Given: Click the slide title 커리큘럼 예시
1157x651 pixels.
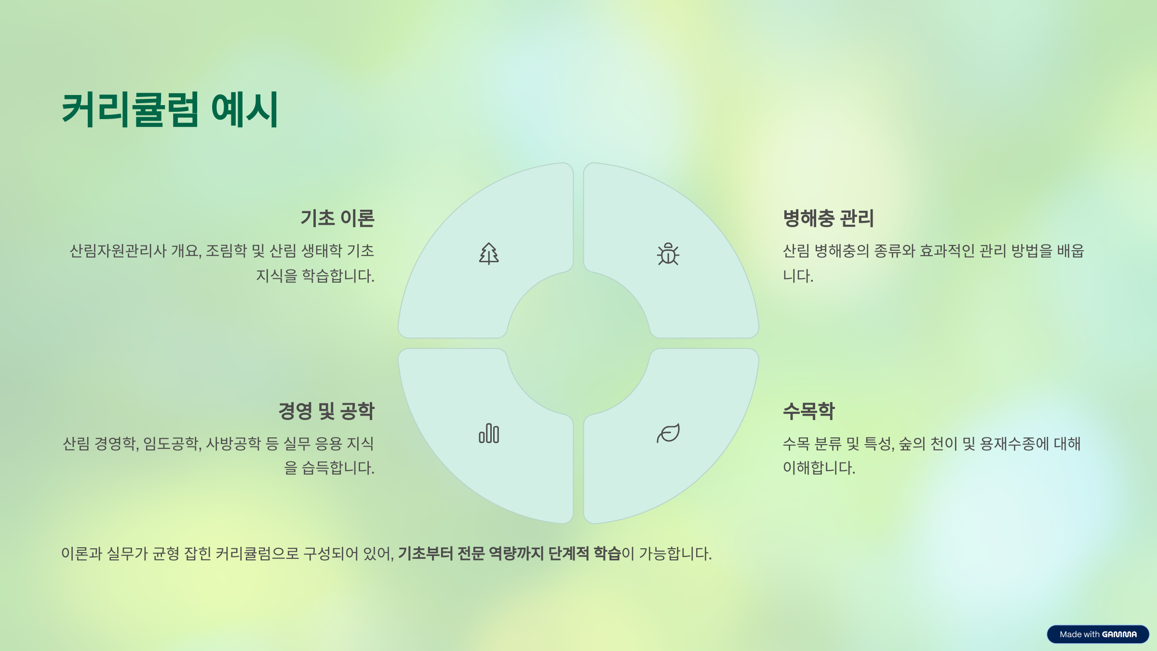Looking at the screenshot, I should click(170, 109).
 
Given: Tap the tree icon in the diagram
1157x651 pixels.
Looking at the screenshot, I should click(488, 254).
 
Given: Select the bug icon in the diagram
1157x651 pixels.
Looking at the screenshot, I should click(668, 254).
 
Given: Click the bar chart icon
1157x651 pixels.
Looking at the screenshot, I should click(488, 433).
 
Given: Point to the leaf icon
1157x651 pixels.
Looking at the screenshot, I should click(668, 433).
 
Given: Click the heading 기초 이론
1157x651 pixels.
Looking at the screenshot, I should click(337, 218).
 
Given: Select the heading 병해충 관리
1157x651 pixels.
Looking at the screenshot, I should click(828, 218).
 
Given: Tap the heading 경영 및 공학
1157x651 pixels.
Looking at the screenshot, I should click(326, 411).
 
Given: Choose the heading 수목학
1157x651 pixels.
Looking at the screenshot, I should click(808, 411).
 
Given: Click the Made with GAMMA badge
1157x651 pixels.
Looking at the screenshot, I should click(1098, 634).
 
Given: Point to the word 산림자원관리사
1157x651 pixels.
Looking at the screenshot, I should click(118, 251).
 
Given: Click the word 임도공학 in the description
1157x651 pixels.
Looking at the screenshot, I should click(171, 444).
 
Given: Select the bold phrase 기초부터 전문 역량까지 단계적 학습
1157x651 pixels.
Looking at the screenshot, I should click(509, 554).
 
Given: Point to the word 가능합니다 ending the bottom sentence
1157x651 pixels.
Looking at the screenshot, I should click(675, 554).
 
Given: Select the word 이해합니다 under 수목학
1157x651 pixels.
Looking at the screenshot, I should click(819, 468).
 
